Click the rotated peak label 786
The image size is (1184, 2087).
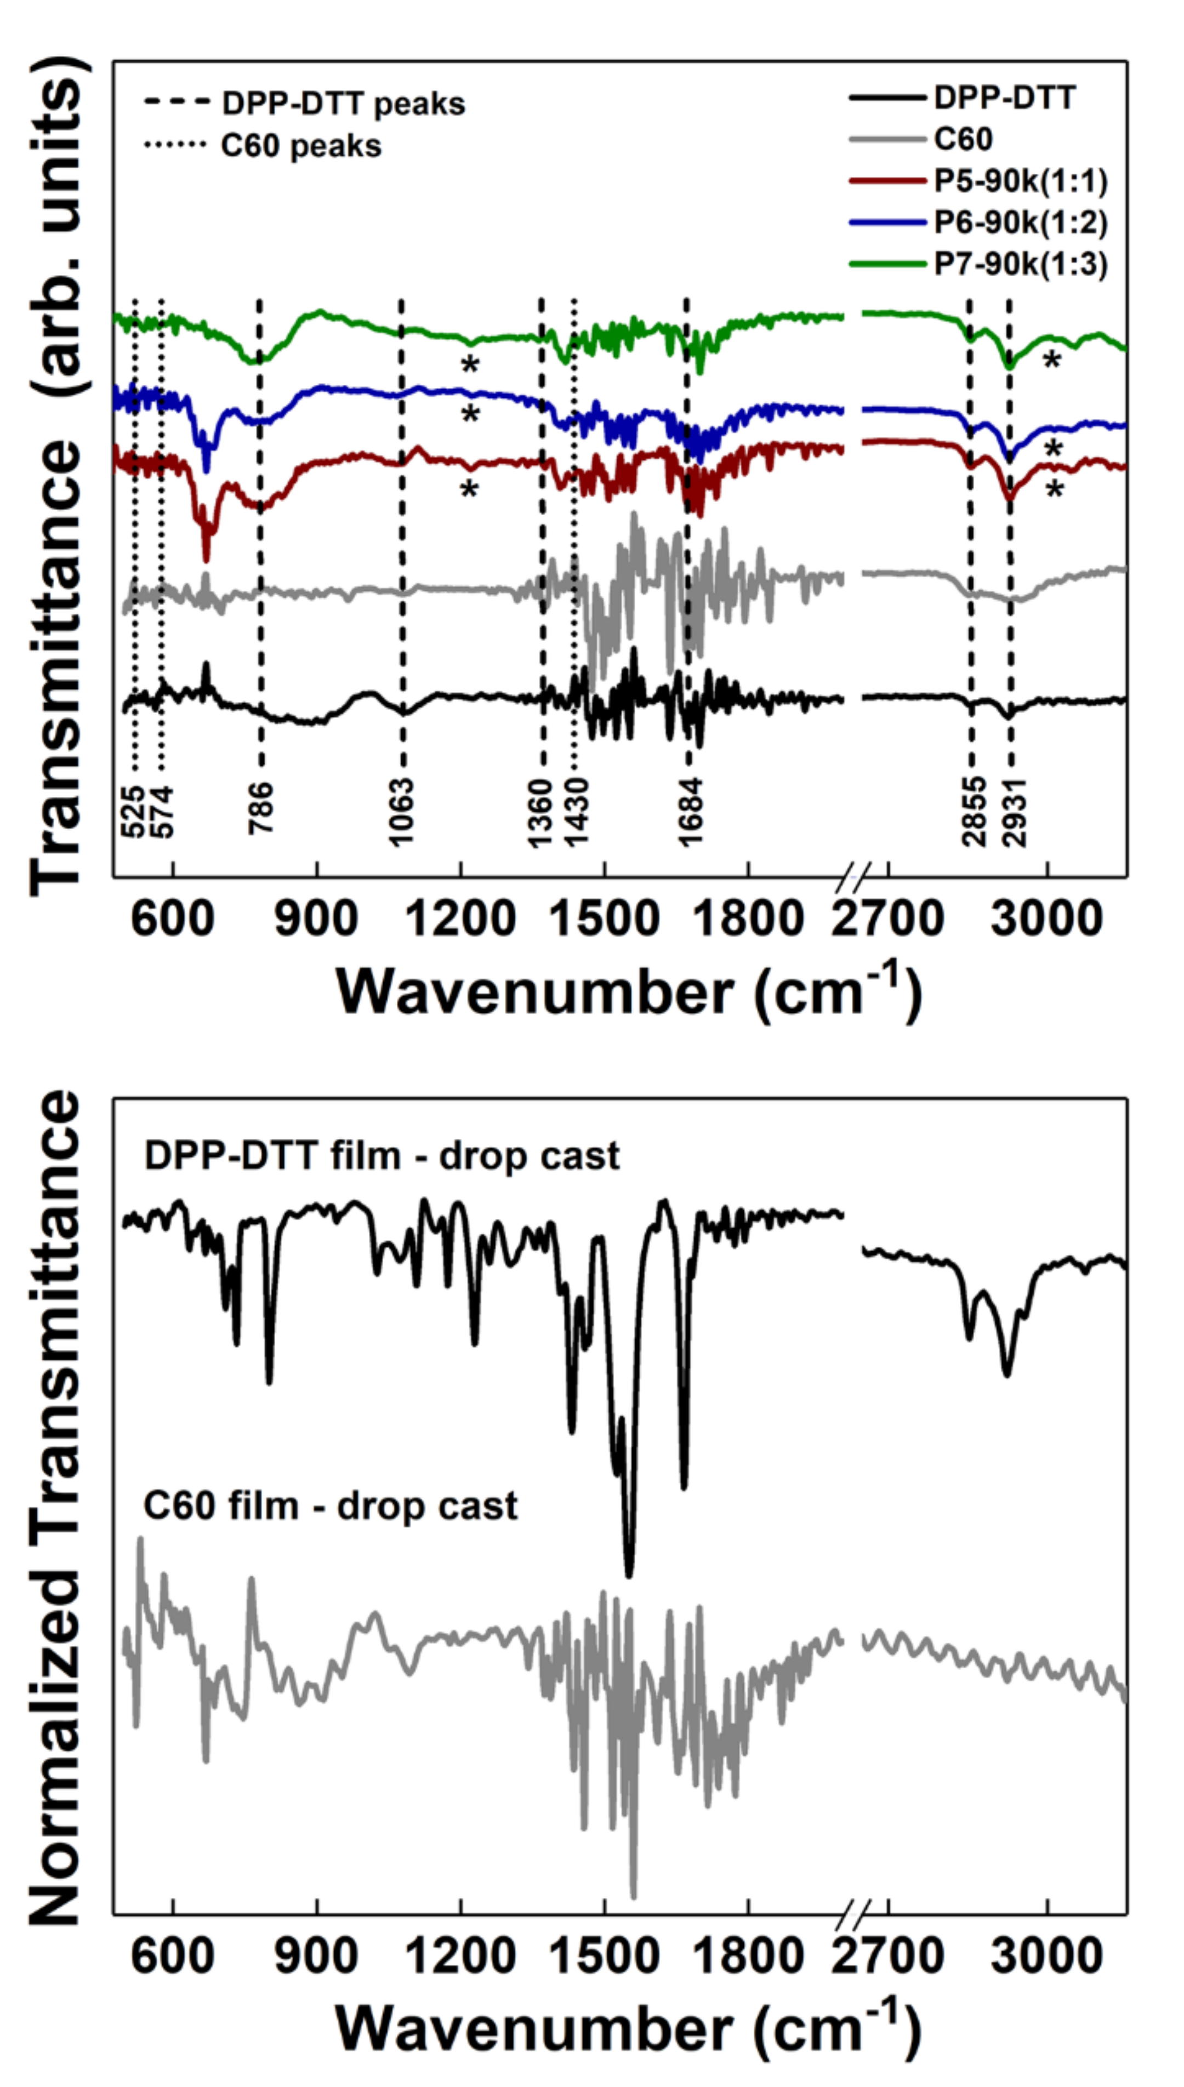point(261,808)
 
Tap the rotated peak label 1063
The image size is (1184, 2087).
point(401,812)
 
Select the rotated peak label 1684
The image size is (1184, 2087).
point(691,812)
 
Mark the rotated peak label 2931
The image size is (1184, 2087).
point(1015,812)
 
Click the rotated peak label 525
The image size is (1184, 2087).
point(133,811)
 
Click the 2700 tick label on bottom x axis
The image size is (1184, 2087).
point(887,1957)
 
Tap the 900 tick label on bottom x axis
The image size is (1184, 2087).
point(316,1957)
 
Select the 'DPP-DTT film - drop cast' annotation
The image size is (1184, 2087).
point(382,1155)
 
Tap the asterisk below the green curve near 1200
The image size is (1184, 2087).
point(470,365)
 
